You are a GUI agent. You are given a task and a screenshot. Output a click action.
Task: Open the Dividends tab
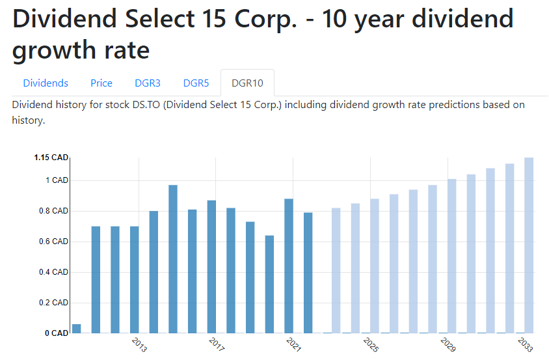click(x=46, y=83)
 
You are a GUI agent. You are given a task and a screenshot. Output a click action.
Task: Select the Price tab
click(x=101, y=83)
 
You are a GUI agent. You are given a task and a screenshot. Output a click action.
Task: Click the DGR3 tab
click(x=148, y=83)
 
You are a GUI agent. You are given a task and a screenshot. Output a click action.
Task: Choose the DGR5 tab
click(x=196, y=83)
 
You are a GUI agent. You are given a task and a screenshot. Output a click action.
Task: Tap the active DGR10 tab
click(x=247, y=83)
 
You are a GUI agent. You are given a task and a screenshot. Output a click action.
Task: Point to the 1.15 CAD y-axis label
click(x=51, y=158)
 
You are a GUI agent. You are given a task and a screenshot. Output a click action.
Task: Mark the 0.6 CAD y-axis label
click(x=51, y=242)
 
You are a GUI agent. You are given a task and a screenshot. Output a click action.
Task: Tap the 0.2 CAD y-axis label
click(x=51, y=303)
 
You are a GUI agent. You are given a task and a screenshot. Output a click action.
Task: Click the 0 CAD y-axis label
click(x=56, y=333)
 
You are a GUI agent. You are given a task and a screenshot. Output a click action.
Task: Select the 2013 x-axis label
click(x=139, y=344)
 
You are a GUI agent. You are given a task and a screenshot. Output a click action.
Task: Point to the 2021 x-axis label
click(x=293, y=344)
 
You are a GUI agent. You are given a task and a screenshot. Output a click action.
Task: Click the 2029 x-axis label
click(x=448, y=344)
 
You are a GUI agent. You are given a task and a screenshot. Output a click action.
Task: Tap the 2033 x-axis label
click(x=525, y=344)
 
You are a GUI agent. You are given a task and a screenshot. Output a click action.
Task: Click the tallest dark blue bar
click(x=173, y=259)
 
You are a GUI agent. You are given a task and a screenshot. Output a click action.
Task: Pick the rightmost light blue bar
click(x=529, y=245)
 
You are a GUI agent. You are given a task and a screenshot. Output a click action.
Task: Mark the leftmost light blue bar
click(x=336, y=270)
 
